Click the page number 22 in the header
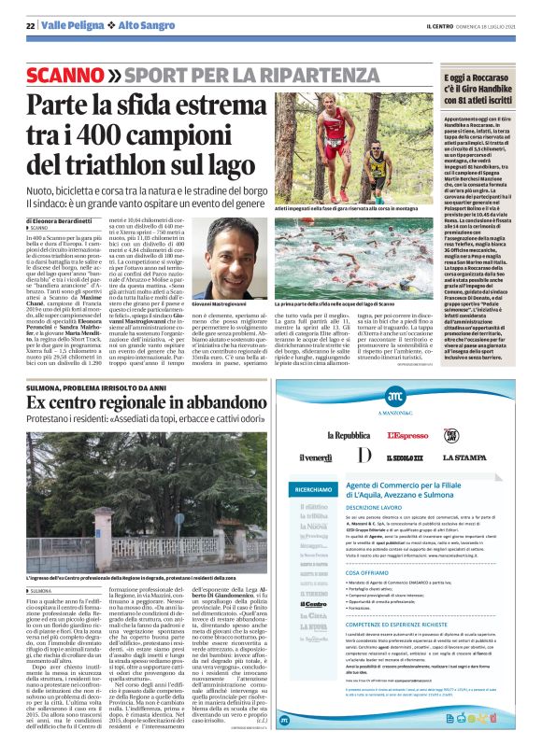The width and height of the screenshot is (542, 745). pos(30,26)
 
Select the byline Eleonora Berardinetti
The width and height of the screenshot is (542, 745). pos(64,220)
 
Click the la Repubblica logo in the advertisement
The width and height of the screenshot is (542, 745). pos(348,435)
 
